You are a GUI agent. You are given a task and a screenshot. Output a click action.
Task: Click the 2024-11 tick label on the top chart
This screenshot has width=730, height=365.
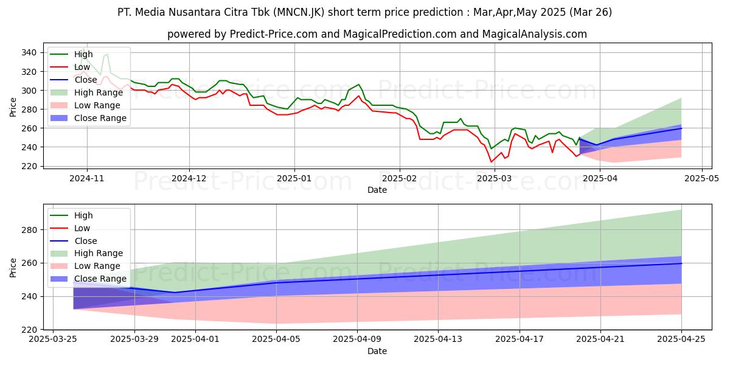tap(86, 179)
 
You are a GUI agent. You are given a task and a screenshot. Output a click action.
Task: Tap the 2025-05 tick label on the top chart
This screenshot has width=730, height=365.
tap(703, 179)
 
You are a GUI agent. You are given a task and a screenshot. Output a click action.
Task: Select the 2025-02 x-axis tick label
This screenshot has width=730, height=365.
tap(400, 179)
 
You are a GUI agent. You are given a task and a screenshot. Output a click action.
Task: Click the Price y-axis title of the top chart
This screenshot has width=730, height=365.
tap(13, 108)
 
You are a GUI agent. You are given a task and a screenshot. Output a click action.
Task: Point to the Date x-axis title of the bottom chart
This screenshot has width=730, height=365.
tap(377, 352)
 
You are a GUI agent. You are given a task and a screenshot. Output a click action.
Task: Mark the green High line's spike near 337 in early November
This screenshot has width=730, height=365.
tap(107, 55)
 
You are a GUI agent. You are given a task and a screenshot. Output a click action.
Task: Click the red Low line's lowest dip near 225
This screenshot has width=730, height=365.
tap(492, 162)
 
